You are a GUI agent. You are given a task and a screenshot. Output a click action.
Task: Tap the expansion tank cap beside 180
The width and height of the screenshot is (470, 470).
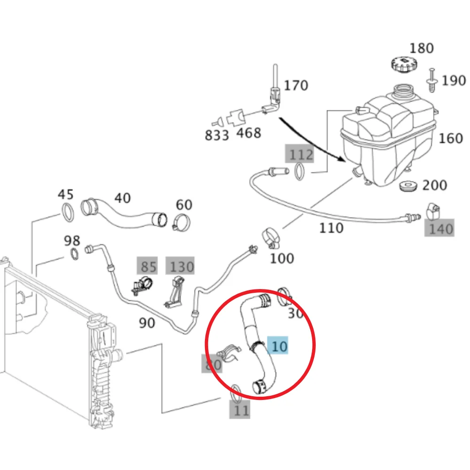404,64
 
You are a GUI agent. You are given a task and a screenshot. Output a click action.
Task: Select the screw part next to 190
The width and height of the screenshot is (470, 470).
431,80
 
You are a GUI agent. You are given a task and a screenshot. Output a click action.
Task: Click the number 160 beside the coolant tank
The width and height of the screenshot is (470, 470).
451,139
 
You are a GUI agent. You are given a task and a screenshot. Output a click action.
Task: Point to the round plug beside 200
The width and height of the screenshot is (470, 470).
408,186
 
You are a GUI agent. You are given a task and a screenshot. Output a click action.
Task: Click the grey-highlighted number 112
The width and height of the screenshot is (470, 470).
300,154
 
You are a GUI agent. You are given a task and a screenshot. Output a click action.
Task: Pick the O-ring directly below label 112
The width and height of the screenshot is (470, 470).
299,172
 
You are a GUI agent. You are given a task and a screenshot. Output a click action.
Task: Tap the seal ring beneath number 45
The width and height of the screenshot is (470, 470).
68,212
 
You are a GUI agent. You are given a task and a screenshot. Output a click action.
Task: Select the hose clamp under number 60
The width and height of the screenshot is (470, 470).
181,222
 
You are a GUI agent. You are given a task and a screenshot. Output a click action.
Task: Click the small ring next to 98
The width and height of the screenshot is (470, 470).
75,254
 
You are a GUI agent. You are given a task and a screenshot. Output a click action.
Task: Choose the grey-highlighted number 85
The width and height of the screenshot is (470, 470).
148,266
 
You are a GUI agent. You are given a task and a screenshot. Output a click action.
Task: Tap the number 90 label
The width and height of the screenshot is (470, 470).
147,323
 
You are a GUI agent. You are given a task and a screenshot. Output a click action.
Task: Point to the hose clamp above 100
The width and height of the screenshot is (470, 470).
271,238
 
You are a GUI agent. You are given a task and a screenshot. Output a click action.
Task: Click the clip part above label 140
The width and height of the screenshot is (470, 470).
433,211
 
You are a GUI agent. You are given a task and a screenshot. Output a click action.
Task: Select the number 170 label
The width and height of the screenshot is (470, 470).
296,86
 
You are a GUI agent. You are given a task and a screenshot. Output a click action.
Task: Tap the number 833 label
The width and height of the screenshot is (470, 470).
217,135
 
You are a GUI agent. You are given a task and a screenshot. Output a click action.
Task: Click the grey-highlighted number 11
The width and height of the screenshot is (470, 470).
240,410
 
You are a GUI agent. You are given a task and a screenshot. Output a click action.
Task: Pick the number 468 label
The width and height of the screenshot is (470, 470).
249,133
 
